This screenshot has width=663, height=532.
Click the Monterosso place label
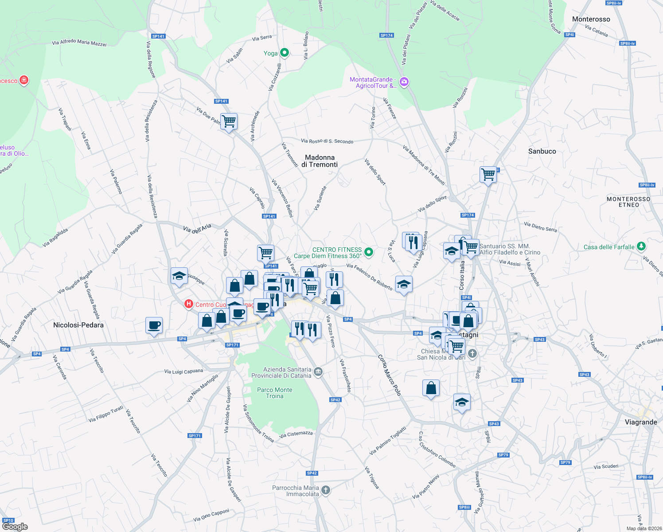(x=591, y=19)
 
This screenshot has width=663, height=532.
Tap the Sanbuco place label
(x=542, y=151)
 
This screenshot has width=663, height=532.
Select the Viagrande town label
(x=640, y=422)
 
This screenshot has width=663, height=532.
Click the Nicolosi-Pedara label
(x=78, y=325)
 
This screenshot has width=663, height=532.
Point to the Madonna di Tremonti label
(x=320, y=161)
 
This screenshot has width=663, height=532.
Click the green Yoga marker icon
(x=285, y=53)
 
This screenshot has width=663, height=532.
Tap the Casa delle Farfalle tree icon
(x=641, y=246)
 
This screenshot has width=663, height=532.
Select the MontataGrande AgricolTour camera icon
(x=404, y=82)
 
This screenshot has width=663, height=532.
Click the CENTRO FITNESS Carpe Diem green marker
(x=368, y=253)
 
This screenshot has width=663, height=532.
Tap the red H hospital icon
(x=189, y=304)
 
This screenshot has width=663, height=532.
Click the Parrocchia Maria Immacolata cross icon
(x=326, y=490)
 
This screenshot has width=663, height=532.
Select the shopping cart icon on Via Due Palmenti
(x=229, y=121)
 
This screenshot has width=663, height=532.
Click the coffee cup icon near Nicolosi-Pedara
(x=154, y=325)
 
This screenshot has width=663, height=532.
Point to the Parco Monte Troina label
(x=275, y=393)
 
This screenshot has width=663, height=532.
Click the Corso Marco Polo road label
(x=390, y=375)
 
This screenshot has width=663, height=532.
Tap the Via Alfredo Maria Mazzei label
(x=79, y=43)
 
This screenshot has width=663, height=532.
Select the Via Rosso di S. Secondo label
(x=327, y=141)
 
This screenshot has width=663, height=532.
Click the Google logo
(x=15, y=527)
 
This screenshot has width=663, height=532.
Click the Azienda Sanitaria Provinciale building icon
(x=318, y=372)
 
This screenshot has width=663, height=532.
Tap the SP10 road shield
(x=8, y=520)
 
